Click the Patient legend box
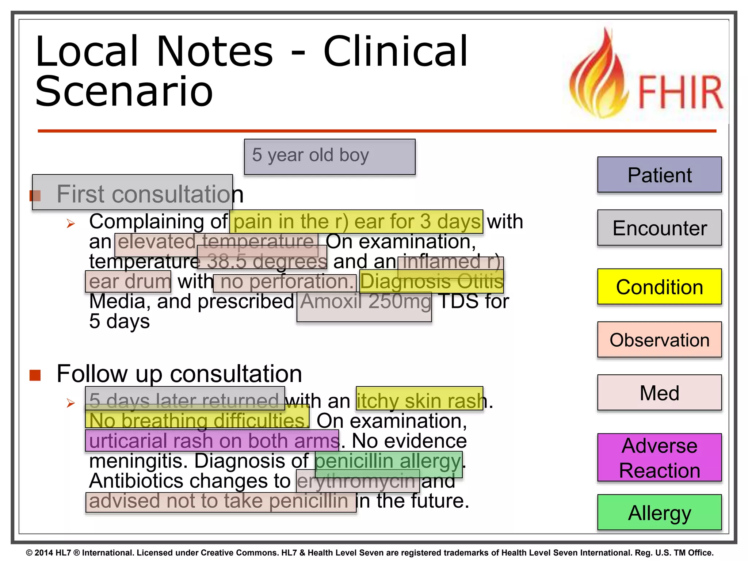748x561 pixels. pyautogui.click(x=659, y=175)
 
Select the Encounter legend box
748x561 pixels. pyautogui.click(x=659, y=228)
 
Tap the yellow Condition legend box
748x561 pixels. pyautogui.click(x=659, y=287)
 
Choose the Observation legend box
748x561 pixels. pyautogui.click(x=659, y=340)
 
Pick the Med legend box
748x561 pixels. pyautogui.click(x=659, y=393)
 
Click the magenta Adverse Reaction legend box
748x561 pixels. pyautogui.click(x=659, y=458)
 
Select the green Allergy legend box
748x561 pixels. pyautogui.click(x=659, y=512)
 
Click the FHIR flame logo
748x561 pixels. pyautogui.click(x=644, y=75)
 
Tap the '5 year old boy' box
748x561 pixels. pyautogui.click(x=329, y=156)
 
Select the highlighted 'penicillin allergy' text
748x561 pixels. pyautogui.click(x=388, y=462)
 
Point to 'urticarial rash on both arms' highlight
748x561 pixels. pyautogui.click(x=212, y=441)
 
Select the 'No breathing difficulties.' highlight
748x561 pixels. pyautogui.click(x=197, y=420)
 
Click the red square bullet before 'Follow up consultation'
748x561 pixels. pyautogui.click(x=35, y=375)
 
